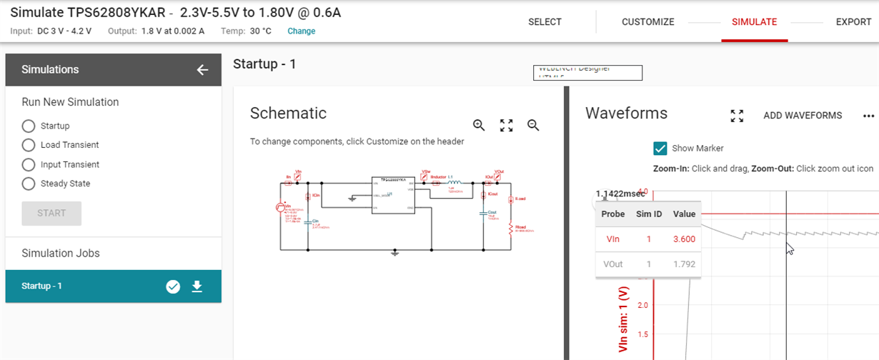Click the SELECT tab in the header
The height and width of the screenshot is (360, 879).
point(545,22)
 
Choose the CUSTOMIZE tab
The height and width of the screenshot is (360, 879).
point(647,22)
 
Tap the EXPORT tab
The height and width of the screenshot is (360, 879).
point(853,22)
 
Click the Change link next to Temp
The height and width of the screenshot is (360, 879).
point(301,31)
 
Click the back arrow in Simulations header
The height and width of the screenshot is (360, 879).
point(202,70)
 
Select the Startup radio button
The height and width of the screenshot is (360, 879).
point(29,126)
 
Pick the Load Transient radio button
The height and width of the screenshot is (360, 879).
point(29,145)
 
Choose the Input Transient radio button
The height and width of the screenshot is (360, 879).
point(29,164)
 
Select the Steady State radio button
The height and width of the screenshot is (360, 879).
point(29,184)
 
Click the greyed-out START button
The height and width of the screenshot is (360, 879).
point(51,213)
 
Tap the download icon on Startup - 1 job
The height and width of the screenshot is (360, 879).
point(197,286)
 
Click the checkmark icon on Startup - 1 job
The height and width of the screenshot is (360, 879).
point(173,286)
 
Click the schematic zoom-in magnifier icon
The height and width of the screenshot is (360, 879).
point(480,125)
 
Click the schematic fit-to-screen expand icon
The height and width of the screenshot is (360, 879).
point(507,125)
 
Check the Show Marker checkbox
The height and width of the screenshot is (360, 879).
point(660,149)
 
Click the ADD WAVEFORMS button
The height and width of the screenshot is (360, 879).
point(803,116)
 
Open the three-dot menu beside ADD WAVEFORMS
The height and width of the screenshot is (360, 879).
point(868,116)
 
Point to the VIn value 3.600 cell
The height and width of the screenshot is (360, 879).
point(684,239)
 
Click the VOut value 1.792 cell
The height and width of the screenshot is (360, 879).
point(684,264)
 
